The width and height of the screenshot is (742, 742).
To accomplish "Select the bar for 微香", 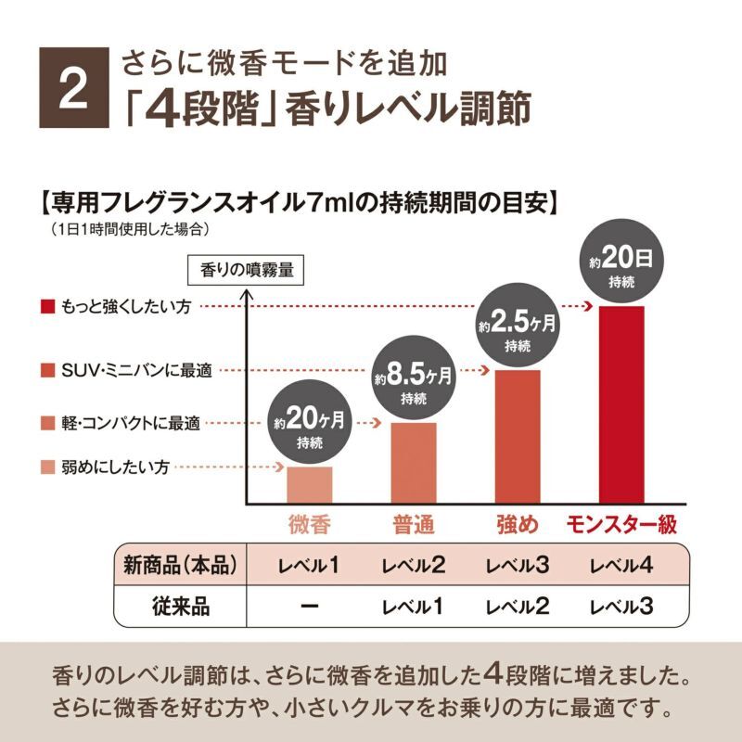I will pos(310,484).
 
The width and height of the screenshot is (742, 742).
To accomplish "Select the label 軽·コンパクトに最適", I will pos(130,423).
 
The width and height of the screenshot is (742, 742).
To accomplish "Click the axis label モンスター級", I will pos(621,524).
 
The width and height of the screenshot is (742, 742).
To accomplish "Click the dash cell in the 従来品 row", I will pos(311,608).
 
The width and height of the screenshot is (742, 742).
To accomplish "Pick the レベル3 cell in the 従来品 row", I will pos(621,608).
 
